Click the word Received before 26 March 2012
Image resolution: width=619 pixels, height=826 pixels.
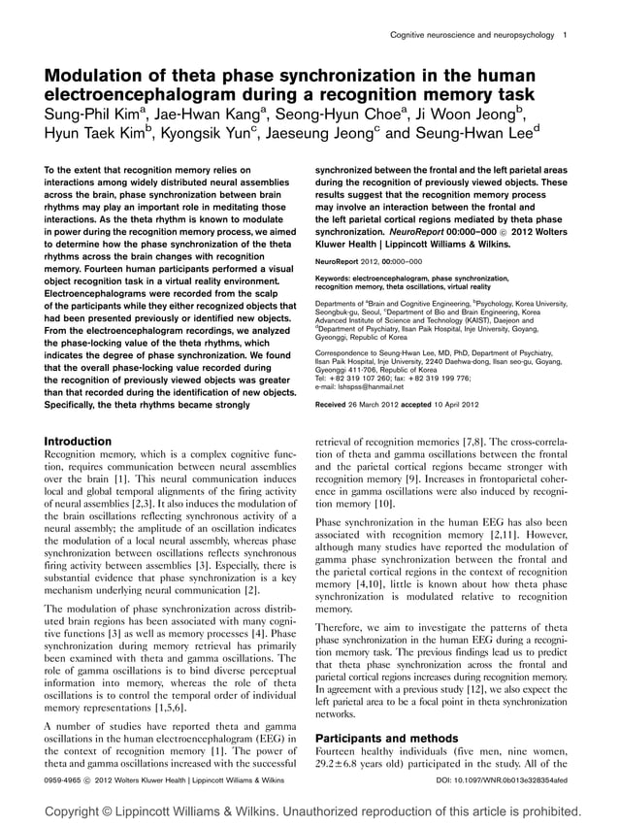(x=336, y=403)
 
